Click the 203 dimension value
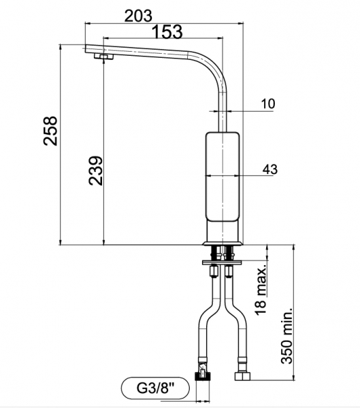coord(138,16)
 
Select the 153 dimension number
coord(167,32)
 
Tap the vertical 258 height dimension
coord(50,131)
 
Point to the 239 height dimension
coord(95,171)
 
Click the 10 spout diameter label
coord(268,103)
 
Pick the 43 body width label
coord(270,169)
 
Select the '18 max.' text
coord(261,290)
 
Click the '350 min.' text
coord(287,336)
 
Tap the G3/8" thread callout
coord(155,388)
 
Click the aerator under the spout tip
coord(103,56)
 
